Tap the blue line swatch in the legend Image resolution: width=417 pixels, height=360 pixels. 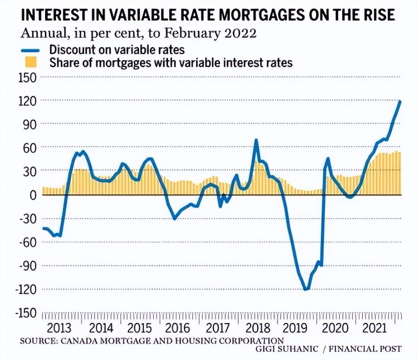(x=32, y=50)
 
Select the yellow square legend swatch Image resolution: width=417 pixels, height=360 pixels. (x=32, y=63)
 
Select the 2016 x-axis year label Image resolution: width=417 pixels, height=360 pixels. (x=177, y=328)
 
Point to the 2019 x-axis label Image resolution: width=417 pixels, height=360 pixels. (x=295, y=328)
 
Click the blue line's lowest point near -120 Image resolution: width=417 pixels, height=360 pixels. (x=306, y=289)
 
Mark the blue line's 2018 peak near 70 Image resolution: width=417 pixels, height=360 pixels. (x=256, y=140)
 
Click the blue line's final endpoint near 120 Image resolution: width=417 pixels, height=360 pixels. (x=400, y=102)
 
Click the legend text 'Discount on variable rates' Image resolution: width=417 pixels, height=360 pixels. (x=117, y=50)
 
